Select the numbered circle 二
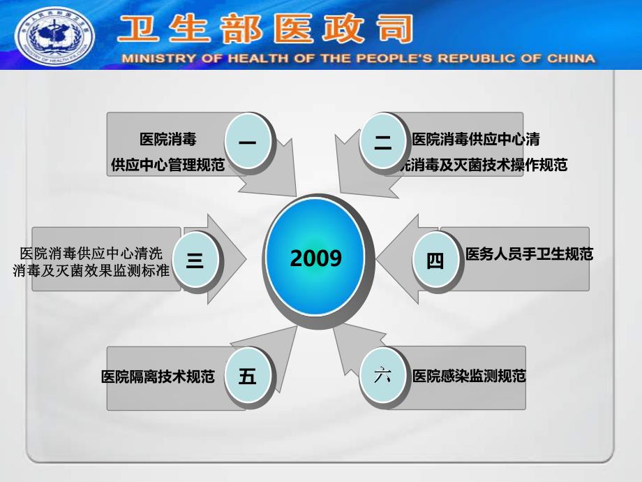383,143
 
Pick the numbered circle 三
195,261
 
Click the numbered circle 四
435,261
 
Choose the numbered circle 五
248,377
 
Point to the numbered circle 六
383,376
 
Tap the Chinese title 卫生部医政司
265,30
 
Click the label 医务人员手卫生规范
529,254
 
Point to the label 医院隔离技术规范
158,377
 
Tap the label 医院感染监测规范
469,376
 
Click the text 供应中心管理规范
168,165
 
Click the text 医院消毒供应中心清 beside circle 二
476,139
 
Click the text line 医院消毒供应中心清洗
91,253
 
